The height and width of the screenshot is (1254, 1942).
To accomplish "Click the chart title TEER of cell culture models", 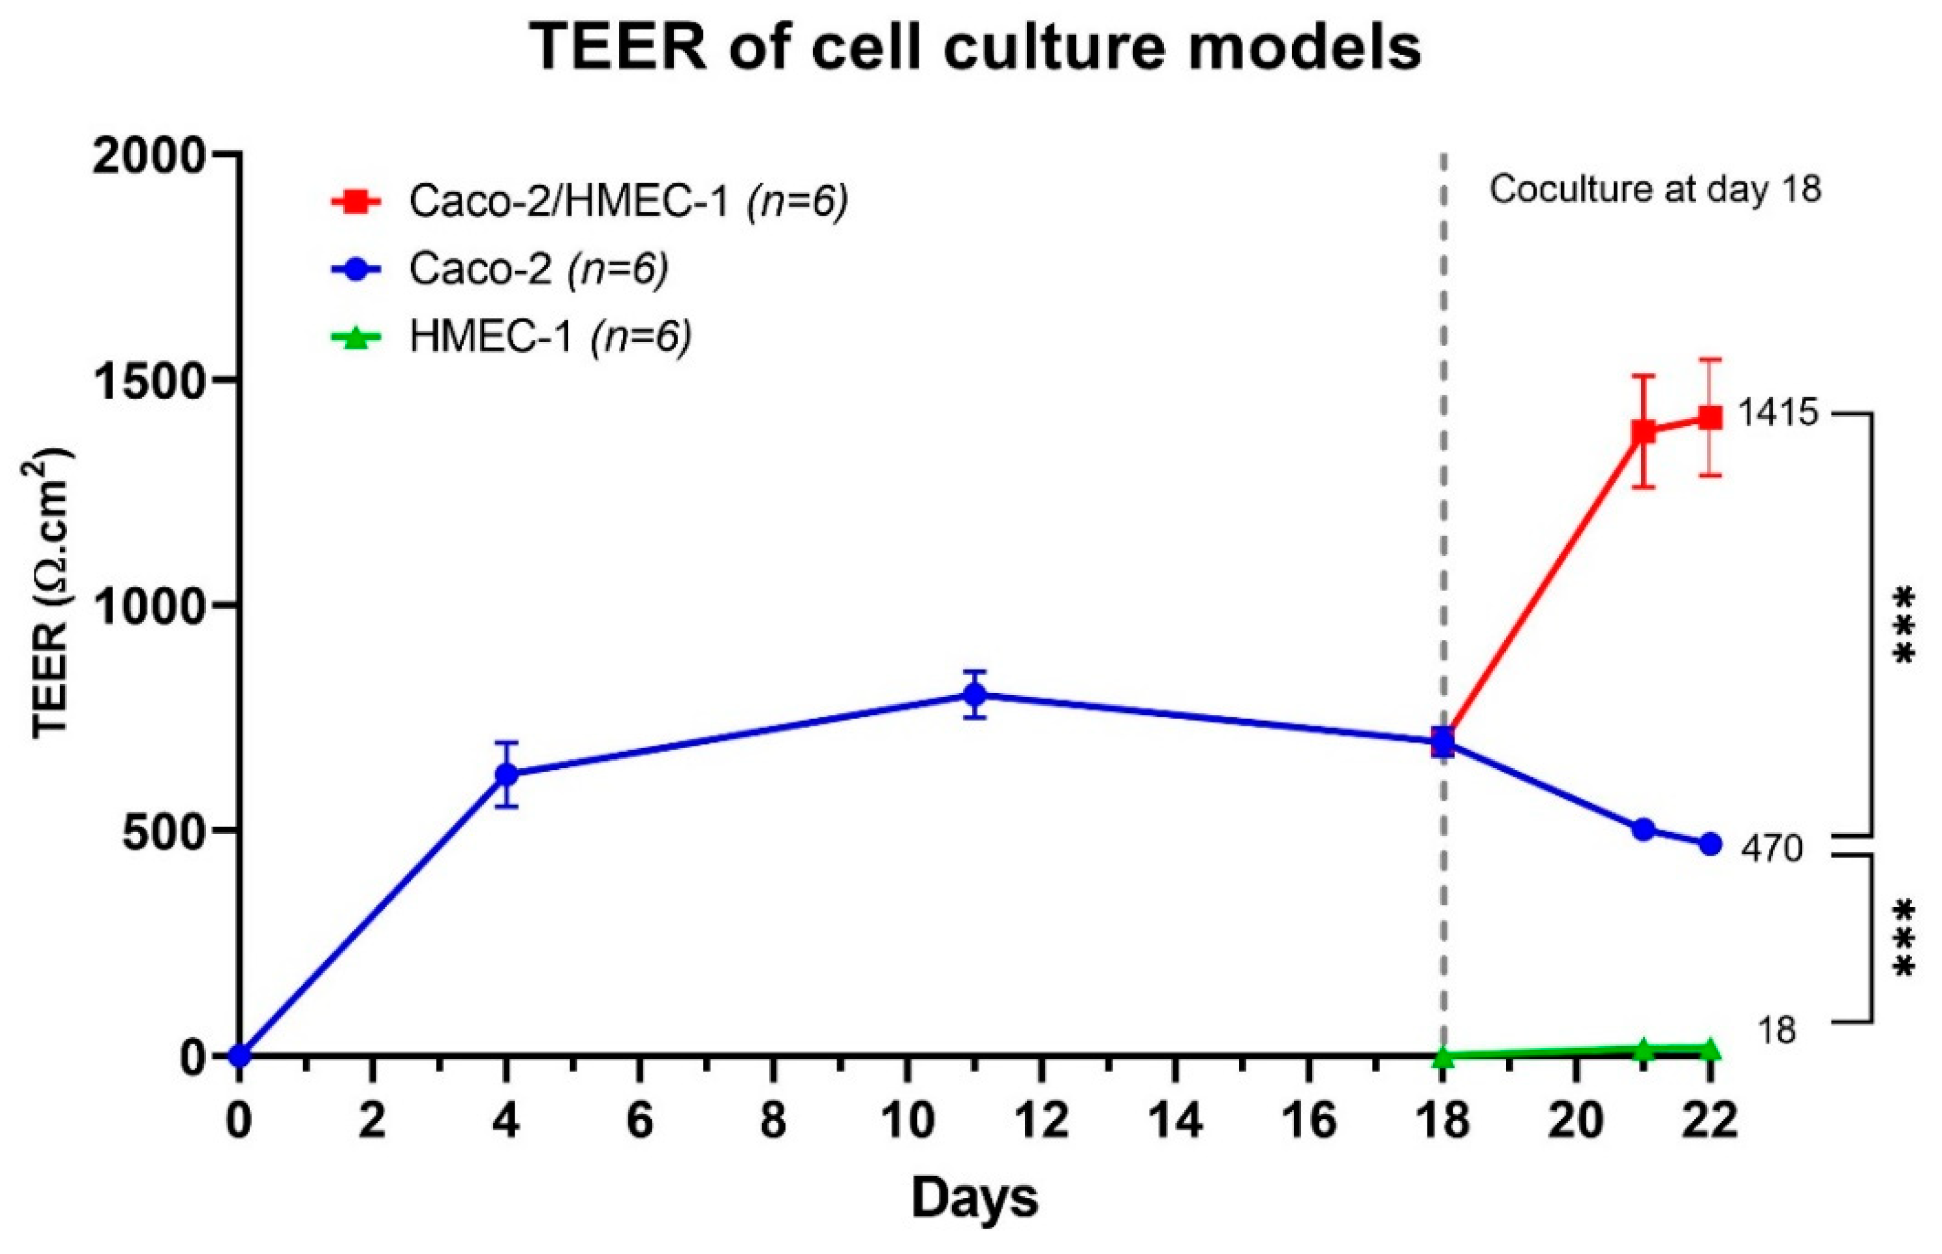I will [976, 47].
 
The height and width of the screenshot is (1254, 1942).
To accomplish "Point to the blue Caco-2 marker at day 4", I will [506, 774].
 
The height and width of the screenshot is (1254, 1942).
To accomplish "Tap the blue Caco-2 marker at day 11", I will [975, 694].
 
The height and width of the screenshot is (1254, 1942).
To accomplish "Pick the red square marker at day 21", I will [1643, 431].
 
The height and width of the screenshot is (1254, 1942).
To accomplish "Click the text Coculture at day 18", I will [1654, 190].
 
